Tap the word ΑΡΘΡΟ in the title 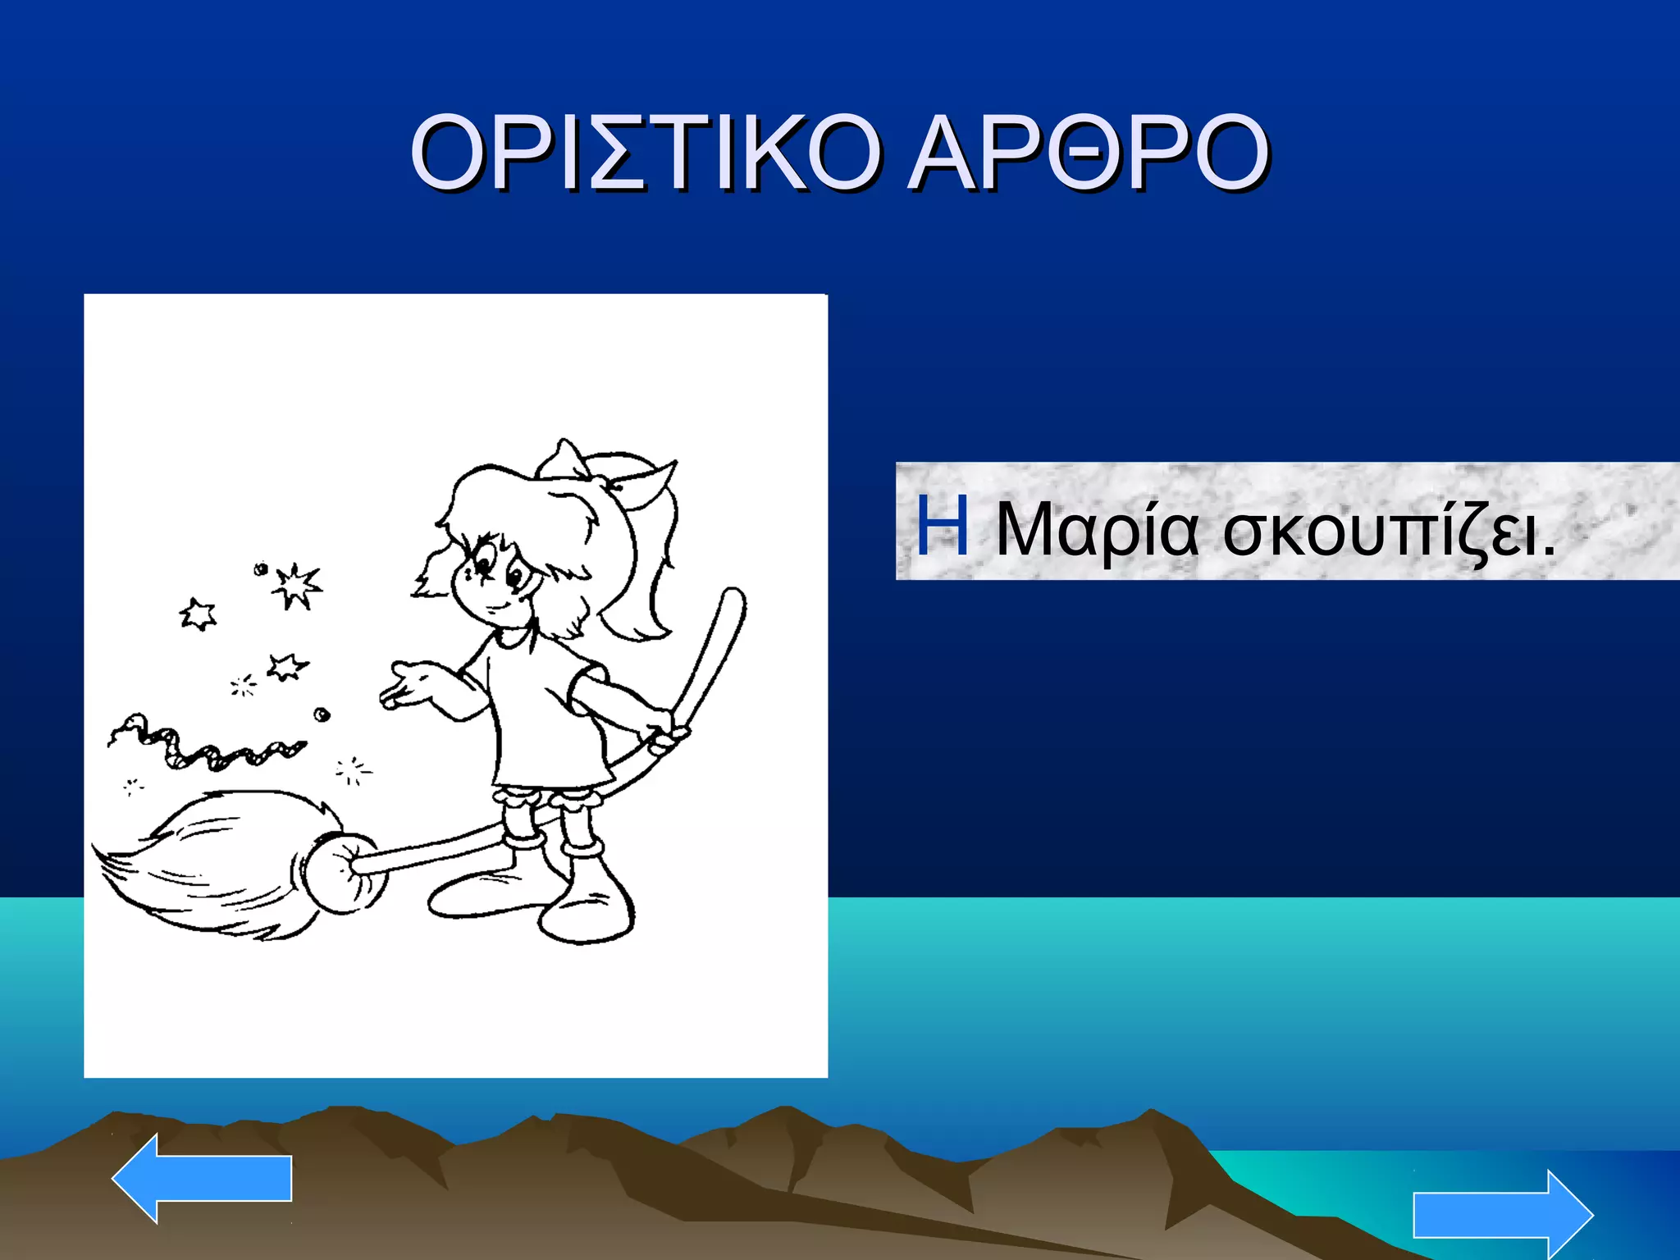pyautogui.click(x=1089, y=153)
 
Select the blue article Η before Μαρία pyautogui.click(x=943, y=526)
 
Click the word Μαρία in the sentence pyautogui.click(x=1097, y=530)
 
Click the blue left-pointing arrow pyautogui.click(x=202, y=1178)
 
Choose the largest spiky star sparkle pyautogui.click(x=296, y=586)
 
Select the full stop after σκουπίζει pyautogui.click(x=1548, y=551)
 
